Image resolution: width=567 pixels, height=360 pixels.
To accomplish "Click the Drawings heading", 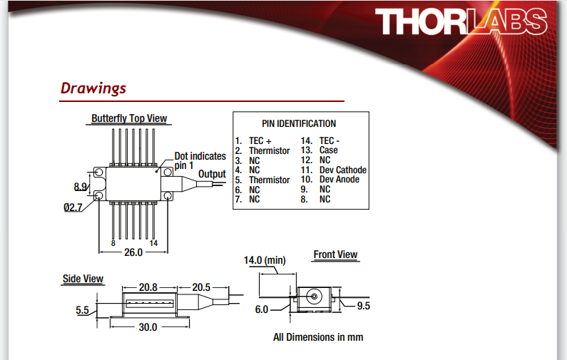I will pos(93,88).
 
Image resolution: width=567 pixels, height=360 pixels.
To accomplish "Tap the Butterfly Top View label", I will pos(130,118).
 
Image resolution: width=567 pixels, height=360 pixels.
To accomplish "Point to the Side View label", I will pos(83,279).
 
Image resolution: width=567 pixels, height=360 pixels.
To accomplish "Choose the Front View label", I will pos(335,254).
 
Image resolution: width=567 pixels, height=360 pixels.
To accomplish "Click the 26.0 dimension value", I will pos(133,252).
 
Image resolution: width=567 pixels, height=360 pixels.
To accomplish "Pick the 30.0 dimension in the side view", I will pos(148,327).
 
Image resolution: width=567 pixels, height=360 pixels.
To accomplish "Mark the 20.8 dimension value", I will pos(148,287).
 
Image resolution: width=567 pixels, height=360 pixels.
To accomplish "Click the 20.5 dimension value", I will pos(201,287).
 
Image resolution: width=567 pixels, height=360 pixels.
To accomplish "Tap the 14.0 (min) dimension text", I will pos(265,261).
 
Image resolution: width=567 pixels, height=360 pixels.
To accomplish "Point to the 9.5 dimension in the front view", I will pos(363,307).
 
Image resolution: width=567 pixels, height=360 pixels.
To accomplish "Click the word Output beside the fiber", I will pos(212,174).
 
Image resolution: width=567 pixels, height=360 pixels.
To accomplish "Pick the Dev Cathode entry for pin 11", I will pos(342,170).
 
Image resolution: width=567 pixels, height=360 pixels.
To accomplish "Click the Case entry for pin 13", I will pos(329,150).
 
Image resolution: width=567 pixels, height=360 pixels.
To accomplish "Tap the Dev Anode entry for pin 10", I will pos(339,180).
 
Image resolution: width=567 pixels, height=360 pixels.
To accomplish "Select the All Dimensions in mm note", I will pos(318,336).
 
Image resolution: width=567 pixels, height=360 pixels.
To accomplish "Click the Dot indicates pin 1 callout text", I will pos(200,160).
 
